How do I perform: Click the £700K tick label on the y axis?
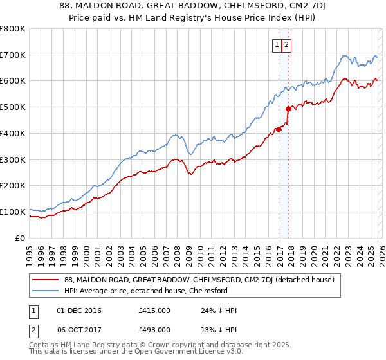13,55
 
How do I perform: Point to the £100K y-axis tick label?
13,212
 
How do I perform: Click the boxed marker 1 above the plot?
277,45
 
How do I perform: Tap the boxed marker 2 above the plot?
286,45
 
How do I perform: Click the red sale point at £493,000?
288,109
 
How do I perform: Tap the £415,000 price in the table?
154,311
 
